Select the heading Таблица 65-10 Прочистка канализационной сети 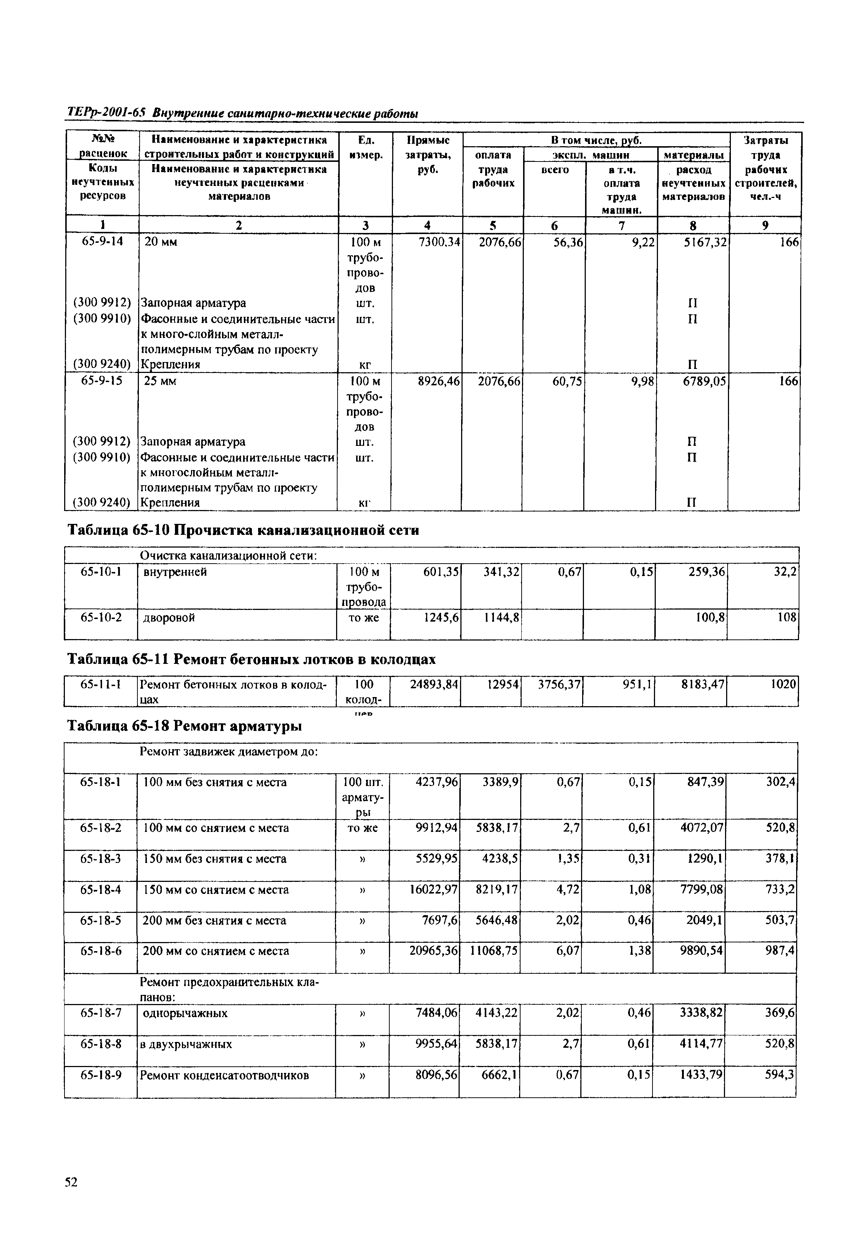tap(243, 531)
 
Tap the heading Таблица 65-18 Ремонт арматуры tap(184, 727)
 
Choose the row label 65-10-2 tap(101, 617)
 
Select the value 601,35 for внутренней tap(441, 571)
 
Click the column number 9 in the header tap(765, 225)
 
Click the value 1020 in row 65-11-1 tap(782, 685)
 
